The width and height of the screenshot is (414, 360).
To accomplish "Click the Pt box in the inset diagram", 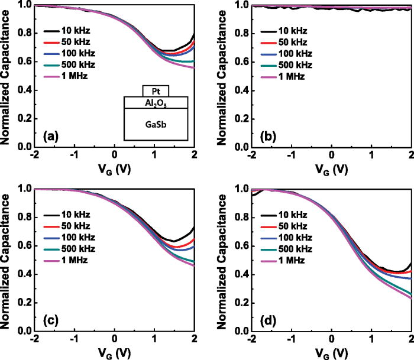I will (x=156, y=91).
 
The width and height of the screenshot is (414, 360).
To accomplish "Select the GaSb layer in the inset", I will (x=156, y=125).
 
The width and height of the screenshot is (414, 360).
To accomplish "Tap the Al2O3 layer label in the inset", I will (x=156, y=103).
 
